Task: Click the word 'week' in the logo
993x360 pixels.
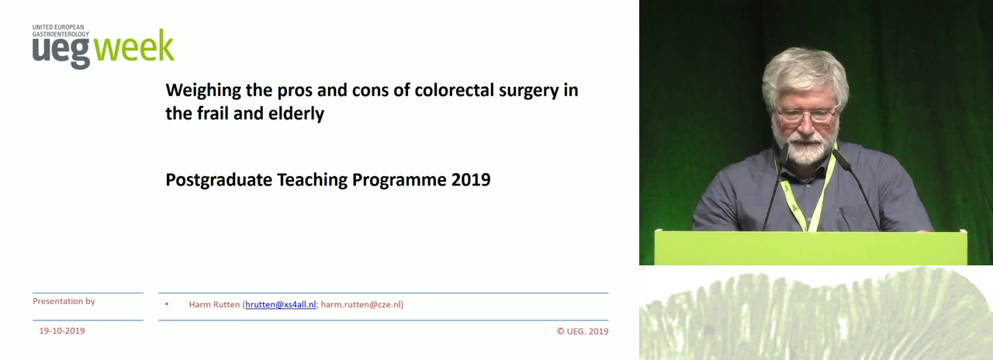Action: [134, 46]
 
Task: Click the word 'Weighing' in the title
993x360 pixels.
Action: [203, 91]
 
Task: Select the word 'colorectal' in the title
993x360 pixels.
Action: [455, 90]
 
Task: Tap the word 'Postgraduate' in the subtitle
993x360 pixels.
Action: [219, 181]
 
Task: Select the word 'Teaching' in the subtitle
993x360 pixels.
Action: [312, 181]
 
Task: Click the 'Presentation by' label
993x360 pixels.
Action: [64, 301]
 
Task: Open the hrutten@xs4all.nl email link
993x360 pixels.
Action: [281, 305]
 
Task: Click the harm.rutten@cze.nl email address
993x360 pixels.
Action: [361, 305]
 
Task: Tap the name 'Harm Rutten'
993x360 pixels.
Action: [214, 305]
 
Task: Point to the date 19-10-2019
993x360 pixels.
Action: [62, 331]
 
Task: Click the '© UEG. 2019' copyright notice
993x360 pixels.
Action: [583, 331]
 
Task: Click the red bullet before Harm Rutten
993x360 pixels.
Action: [167, 304]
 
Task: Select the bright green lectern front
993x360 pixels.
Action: [811, 247]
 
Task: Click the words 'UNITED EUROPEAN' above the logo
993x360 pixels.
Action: [58, 27]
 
